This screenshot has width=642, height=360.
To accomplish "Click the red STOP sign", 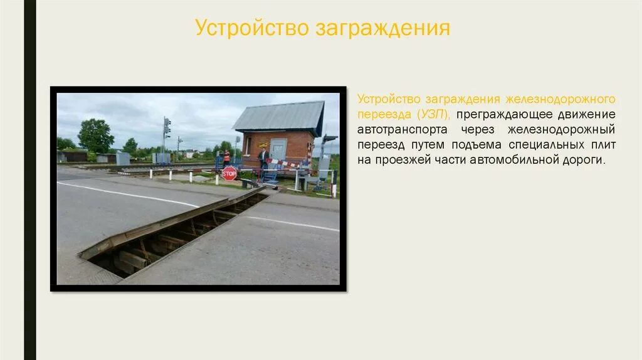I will point(229,174).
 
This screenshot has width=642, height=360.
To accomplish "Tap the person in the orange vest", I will point(226,157).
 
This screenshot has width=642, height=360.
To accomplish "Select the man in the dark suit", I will point(263,157).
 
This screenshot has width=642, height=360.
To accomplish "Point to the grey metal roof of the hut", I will point(278,116).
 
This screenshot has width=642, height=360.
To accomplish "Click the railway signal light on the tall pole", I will point(167,127).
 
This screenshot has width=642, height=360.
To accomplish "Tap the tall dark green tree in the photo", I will point(95,135).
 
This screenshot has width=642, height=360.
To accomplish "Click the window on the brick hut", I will point(248,146).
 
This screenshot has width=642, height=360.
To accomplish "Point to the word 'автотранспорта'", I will point(403,130).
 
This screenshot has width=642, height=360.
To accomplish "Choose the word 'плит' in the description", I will point(603,145).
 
